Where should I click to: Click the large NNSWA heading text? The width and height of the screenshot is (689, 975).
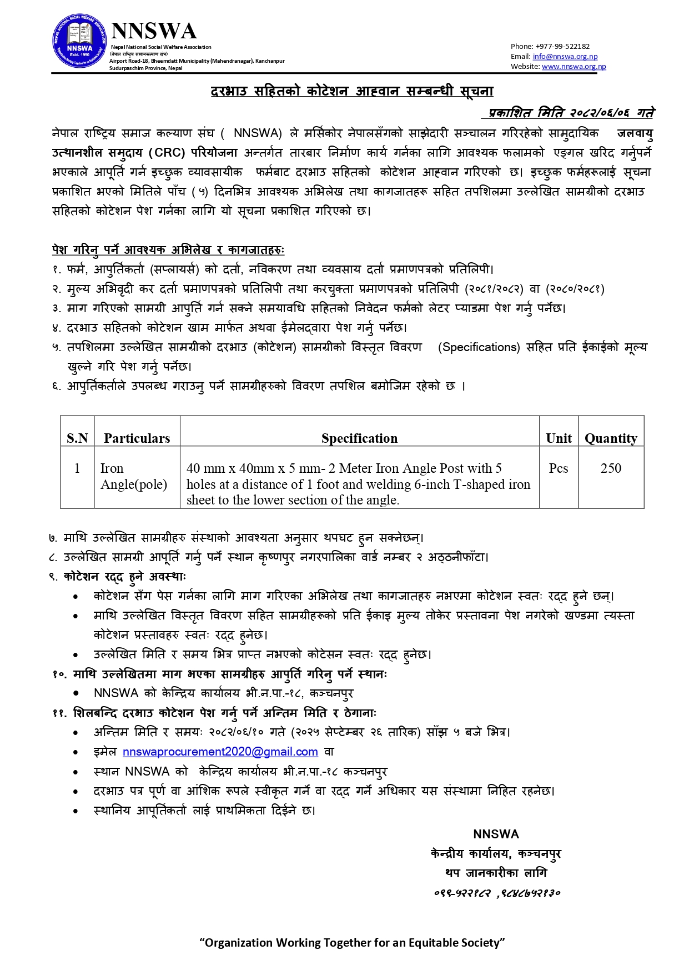point(154,31)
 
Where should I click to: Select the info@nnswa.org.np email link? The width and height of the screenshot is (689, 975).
point(565,56)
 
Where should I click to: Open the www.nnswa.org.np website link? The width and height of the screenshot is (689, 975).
point(574,66)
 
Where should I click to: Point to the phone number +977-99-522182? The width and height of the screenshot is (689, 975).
point(562,46)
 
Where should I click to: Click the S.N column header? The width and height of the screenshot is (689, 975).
point(77,438)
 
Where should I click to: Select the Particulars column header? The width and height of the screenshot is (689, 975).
point(137,438)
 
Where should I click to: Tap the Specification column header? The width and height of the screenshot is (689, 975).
point(359,438)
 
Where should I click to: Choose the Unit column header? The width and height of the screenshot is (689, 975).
point(559,438)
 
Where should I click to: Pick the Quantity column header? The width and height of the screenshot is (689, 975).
point(611,438)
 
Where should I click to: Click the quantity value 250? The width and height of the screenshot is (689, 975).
point(611,468)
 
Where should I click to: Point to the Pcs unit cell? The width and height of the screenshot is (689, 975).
point(558,468)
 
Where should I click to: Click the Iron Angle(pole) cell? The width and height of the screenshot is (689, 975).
point(133,477)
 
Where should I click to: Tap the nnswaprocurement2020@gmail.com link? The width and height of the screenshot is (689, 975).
point(220,752)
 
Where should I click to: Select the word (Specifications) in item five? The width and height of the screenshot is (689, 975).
point(479,347)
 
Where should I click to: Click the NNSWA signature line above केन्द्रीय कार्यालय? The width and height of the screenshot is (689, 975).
point(496,834)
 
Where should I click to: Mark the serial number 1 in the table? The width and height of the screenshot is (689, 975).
point(77,468)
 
